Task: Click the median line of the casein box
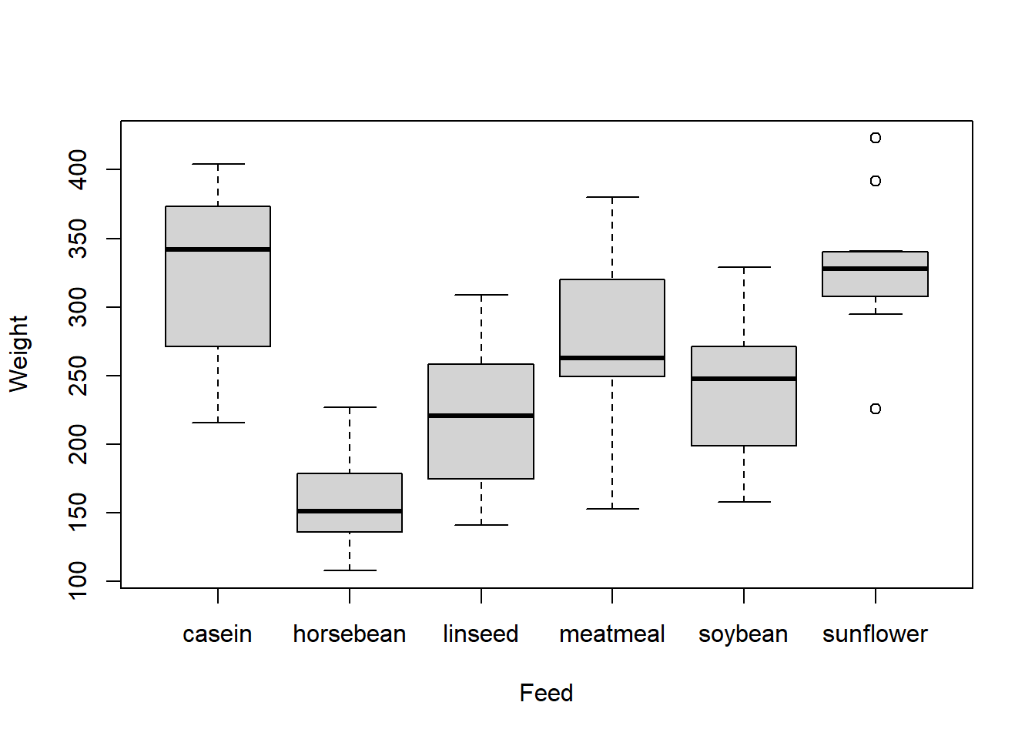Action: coord(218,249)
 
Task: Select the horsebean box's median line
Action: coord(350,511)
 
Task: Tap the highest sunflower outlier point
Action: coord(876,138)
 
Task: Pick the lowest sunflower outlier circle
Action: coord(876,409)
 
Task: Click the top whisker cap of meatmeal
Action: coord(612,197)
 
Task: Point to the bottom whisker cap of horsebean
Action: coord(350,570)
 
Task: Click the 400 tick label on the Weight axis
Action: coord(78,169)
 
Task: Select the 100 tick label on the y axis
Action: coord(78,580)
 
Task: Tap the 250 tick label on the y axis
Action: coord(78,375)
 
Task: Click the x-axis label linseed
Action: coord(481,634)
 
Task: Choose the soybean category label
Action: coord(743,634)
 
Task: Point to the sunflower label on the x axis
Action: coord(875,634)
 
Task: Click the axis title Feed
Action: coord(546,693)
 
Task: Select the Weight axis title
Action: coord(18,353)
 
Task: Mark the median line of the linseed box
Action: coord(481,416)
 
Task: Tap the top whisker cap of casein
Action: coord(218,164)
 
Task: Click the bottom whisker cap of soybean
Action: coord(744,502)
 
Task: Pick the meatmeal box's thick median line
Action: coord(612,358)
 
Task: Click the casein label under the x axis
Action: coord(217,634)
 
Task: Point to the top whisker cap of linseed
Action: coord(481,295)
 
